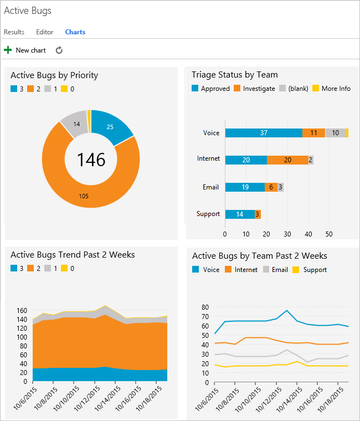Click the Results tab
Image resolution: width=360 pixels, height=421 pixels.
pyautogui.click(x=14, y=32)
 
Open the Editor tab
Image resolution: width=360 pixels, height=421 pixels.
pyautogui.click(x=45, y=32)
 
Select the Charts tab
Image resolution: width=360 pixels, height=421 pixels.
pyautogui.click(x=75, y=32)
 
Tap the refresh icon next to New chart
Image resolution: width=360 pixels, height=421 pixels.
pyautogui.click(x=59, y=50)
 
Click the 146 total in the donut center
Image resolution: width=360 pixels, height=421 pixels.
pyautogui.click(x=91, y=160)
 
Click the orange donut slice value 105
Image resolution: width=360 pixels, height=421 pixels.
pyautogui.click(x=84, y=196)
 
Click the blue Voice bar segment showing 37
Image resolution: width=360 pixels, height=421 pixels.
pyautogui.click(x=264, y=133)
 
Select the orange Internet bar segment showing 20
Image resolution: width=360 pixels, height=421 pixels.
pyautogui.click(x=287, y=160)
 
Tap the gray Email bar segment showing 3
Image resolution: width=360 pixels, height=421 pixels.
pyautogui.click(x=281, y=187)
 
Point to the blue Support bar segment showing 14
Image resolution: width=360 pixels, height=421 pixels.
pyautogui.click(x=239, y=214)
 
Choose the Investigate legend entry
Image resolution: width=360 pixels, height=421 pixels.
pyautogui.click(x=254, y=89)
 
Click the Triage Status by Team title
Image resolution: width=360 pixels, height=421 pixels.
pyautogui.click(x=234, y=75)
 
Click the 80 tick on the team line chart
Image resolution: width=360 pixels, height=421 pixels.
pyautogui.click(x=204, y=307)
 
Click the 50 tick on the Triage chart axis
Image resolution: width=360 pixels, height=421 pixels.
pyautogui.click(x=328, y=234)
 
